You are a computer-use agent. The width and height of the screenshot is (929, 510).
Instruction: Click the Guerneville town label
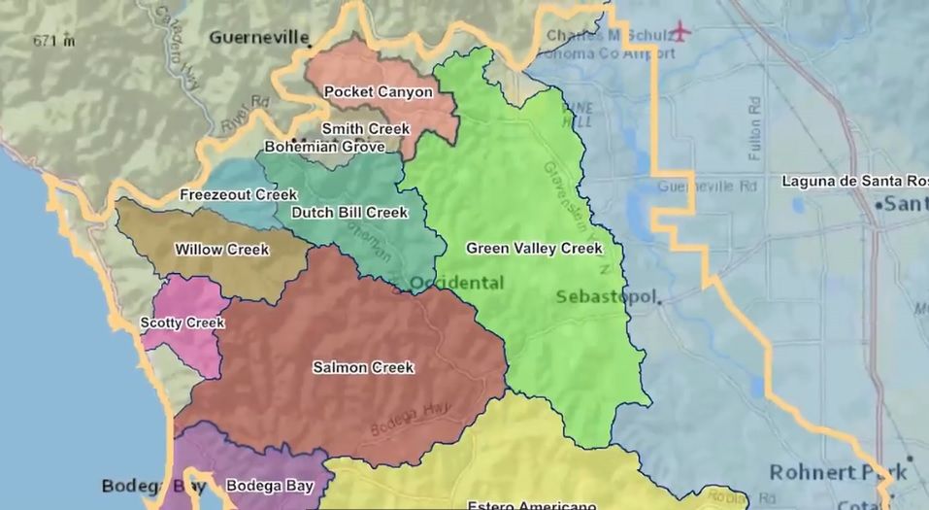[256, 38]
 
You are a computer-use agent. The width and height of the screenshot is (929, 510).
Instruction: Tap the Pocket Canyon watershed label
[378, 91]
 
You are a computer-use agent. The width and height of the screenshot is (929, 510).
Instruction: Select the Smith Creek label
[366, 128]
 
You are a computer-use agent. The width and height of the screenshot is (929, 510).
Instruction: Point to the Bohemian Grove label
[324, 147]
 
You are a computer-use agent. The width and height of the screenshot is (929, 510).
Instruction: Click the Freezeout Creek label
[238, 194]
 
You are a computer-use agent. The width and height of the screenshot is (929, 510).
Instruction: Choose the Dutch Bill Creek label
[349, 212]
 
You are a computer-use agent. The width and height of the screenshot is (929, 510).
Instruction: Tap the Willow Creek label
[221, 250]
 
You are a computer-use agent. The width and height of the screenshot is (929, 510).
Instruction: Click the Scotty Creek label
[182, 323]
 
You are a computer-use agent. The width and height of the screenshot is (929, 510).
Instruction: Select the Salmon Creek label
[363, 367]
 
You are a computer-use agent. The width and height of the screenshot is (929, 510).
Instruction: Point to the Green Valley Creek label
[534, 248]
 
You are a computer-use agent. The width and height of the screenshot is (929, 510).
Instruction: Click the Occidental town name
[456, 283]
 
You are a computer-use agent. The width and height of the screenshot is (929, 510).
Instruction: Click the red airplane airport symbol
[681, 32]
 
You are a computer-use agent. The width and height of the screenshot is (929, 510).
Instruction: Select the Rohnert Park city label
[838, 472]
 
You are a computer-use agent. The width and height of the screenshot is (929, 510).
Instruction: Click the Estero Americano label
[531, 505]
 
